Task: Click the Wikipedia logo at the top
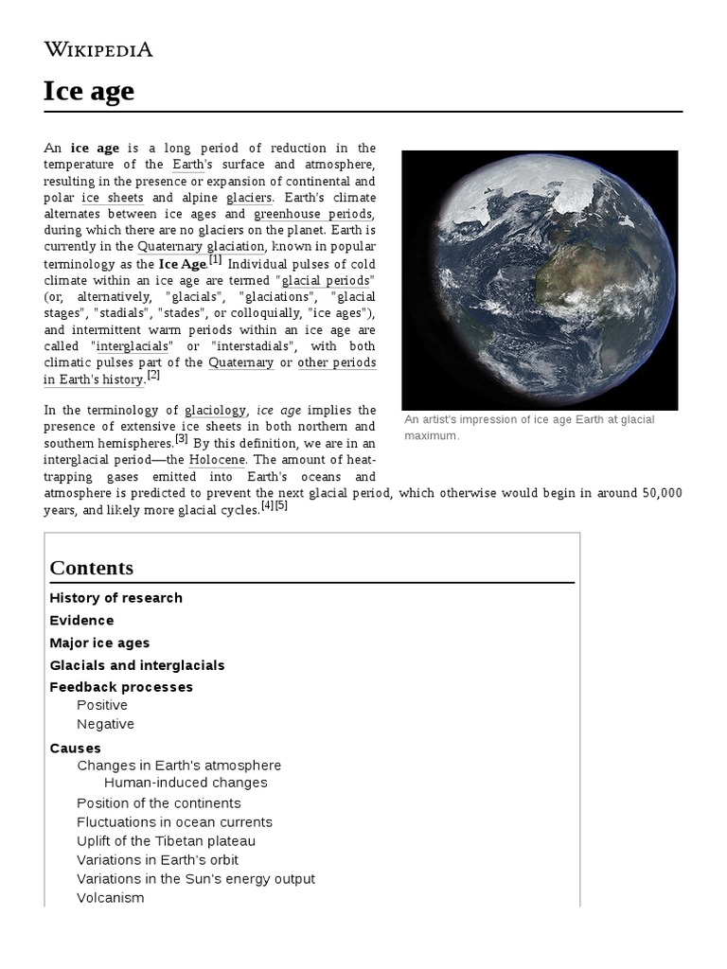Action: pos(98,49)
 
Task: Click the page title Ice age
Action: pos(89,91)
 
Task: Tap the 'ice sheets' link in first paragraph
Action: pos(113,198)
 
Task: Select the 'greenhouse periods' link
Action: pos(314,214)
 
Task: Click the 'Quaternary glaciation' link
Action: pos(201,247)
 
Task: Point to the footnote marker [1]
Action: pos(215,260)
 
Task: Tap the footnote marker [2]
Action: pos(153,376)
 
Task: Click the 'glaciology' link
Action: pos(216,410)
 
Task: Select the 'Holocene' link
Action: pos(217,459)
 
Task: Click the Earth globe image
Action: pos(540,279)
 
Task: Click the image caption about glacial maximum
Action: pos(527,427)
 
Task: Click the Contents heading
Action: pos(91,568)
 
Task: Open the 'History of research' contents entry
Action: pos(115,598)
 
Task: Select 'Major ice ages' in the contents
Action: pos(99,643)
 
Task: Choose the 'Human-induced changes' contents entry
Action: pos(186,783)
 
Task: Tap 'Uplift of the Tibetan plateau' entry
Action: pos(166,841)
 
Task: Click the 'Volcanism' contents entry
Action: pos(111,898)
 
